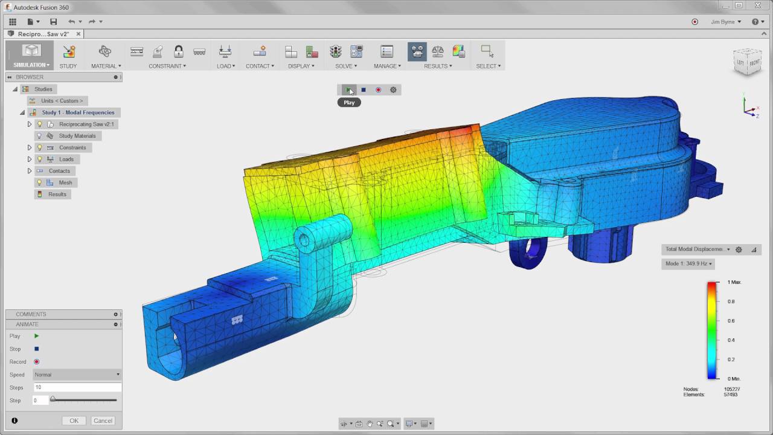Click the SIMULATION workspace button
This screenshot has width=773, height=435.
pos(31,56)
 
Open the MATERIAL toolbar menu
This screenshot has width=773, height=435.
pos(106,66)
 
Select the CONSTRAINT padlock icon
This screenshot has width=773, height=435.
pos(178,51)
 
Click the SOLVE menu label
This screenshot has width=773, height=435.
pos(345,66)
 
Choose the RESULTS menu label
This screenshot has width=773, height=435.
pos(437,66)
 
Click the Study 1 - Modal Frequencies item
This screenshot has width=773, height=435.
pos(78,112)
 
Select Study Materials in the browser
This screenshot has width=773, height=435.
pos(77,136)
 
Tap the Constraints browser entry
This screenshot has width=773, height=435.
pos(72,147)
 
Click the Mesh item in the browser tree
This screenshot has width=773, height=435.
pos(65,182)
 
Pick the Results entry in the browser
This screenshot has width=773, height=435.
pos(57,194)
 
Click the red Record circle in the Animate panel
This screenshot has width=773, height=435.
pos(36,362)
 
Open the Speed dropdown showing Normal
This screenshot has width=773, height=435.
pos(77,375)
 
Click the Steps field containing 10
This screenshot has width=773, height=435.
pos(77,387)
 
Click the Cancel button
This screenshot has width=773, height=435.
pos(103,420)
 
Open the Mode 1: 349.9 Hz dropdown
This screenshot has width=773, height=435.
pos(688,263)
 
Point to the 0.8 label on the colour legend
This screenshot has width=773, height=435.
pos(731,301)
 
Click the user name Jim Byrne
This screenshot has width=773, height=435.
pos(725,22)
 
